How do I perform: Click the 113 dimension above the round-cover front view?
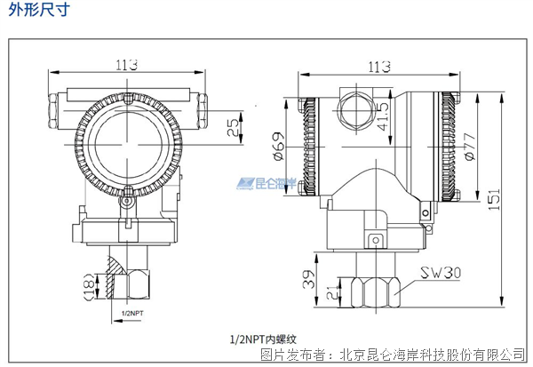130,64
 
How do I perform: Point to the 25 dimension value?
232,126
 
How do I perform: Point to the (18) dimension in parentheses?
88,284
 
